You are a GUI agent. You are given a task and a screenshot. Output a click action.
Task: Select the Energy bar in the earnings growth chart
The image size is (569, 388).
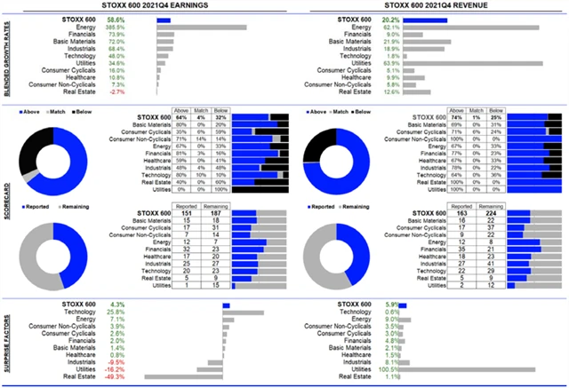(x=201, y=28)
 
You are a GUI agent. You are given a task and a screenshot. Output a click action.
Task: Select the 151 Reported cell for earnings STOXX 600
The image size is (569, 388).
(x=188, y=213)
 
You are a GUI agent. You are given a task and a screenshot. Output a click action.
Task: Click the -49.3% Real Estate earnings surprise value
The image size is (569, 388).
(x=115, y=377)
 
